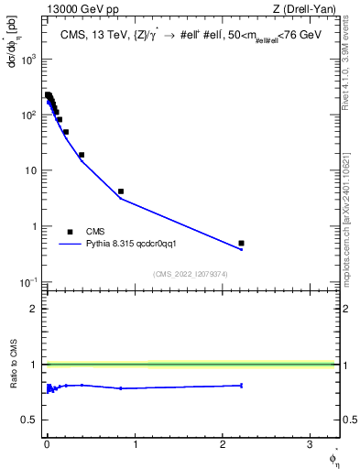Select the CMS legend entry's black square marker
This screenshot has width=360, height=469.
[70, 232]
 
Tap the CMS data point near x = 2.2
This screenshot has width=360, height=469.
[241, 243]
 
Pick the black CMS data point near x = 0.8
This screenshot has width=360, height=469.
[121, 191]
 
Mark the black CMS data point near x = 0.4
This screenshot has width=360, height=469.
[82, 155]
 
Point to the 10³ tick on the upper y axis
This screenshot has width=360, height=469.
[29, 59]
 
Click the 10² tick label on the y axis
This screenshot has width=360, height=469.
[29, 115]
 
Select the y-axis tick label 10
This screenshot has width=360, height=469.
[31, 170]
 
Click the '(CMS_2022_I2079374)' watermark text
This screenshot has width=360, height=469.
[192, 272]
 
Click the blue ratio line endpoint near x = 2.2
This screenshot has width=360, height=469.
[241, 386]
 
